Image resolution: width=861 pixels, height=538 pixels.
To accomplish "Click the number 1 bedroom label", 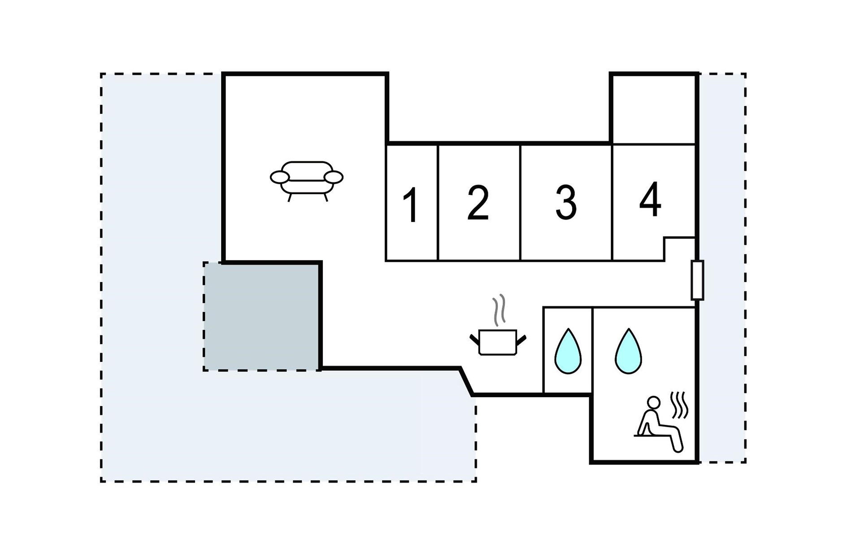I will [x=411, y=205].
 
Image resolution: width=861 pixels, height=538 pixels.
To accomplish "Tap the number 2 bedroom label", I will [x=478, y=203].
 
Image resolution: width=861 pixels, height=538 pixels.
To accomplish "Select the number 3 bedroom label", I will [x=565, y=203].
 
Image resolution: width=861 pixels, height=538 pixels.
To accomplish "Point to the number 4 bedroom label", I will [x=650, y=200].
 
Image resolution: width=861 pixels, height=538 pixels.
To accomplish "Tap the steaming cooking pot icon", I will [x=498, y=342].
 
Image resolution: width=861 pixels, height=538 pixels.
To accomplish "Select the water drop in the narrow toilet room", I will [x=568, y=351].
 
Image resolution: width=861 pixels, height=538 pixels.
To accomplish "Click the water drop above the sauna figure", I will [x=628, y=351].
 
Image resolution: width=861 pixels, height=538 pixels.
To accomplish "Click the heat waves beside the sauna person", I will [x=679, y=405].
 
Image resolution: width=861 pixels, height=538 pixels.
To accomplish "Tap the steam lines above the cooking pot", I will [x=499, y=310].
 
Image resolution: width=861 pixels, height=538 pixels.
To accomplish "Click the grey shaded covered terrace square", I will [x=262, y=316].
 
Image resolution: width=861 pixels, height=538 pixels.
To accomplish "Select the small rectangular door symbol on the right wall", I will [x=697, y=280].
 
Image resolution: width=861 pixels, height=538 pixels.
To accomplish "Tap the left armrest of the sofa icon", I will [x=280, y=178].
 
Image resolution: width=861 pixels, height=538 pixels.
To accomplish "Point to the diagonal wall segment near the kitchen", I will [x=466, y=382].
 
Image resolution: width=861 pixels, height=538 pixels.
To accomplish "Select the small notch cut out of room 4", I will [x=679, y=249].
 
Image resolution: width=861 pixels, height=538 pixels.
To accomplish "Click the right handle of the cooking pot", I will [x=521, y=340].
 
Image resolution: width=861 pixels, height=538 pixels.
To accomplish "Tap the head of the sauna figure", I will [x=654, y=402].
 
